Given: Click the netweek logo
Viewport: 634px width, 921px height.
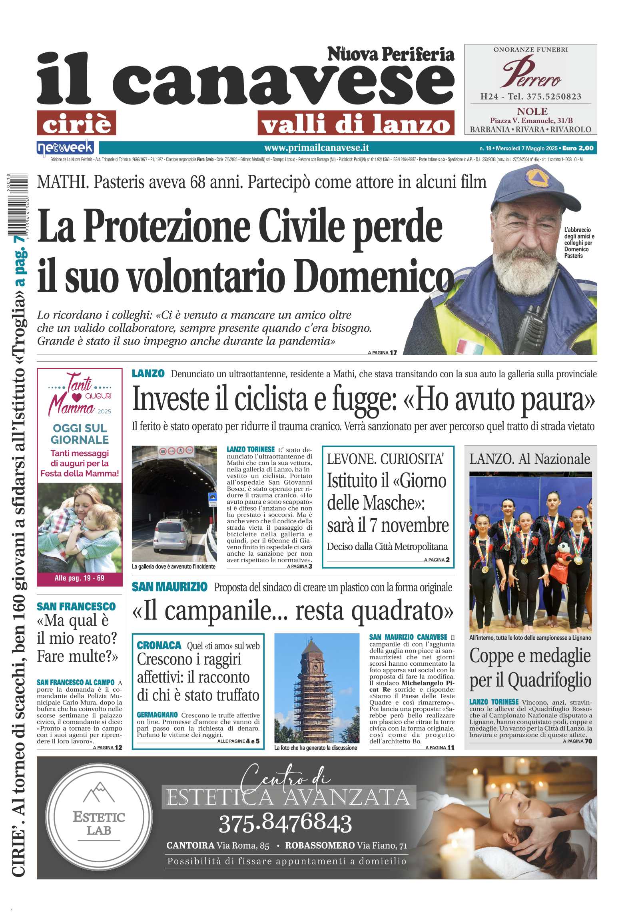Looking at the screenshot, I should click(65, 148).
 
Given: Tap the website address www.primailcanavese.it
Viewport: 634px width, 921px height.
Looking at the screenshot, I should click(316, 148).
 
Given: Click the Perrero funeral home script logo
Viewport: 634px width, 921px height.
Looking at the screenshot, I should click(531, 73).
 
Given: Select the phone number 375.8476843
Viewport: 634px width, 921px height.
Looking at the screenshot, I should click(285, 823).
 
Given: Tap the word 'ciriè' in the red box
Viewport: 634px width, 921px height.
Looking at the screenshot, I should click(76, 123).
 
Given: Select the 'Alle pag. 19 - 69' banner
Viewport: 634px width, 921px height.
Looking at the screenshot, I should click(80, 578).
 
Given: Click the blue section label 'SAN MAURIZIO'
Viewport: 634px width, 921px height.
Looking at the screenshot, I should click(169, 587).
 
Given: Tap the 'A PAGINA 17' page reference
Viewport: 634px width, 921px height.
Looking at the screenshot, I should click(382, 352).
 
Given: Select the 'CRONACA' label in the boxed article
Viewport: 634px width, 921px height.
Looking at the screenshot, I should click(159, 645).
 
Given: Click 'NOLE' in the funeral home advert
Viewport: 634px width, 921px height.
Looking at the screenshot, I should click(532, 111).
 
